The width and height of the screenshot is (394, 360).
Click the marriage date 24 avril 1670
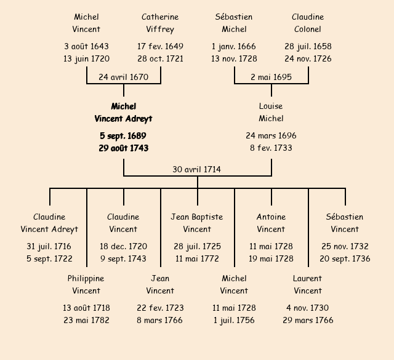click(x=123, y=78)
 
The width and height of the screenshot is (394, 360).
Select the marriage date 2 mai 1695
click(x=271, y=78)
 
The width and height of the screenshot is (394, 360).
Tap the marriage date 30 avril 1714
click(x=197, y=169)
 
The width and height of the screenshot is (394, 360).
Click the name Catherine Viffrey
click(x=160, y=23)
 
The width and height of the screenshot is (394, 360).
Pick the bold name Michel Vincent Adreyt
click(x=123, y=113)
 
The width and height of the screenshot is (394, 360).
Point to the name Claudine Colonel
click(x=308, y=23)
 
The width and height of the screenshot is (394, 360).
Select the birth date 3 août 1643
click(x=86, y=47)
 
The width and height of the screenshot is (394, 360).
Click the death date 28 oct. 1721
click(x=160, y=59)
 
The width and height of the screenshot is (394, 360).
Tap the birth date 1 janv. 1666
click(x=234, y=47)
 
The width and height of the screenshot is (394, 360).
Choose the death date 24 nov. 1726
click(x=308, y=59)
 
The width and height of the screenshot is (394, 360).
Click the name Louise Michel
click(x=271, y=113)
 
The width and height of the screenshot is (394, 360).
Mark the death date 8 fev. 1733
click(x=271, y=148)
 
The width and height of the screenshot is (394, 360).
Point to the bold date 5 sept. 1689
click(x=123, y=136)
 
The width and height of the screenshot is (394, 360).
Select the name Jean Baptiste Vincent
click(x=197, y=223)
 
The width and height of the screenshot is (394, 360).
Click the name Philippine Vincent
click(x=86, y=285)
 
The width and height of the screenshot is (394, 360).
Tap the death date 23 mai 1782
click(x=86, y=321)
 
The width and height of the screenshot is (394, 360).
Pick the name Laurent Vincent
click(x=308, y=285)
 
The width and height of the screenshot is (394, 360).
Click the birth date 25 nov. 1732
click(x=345, y=247)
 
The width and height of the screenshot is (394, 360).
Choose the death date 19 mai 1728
click(x=271, y=259)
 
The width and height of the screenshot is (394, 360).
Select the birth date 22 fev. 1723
click(x=160, y=308)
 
